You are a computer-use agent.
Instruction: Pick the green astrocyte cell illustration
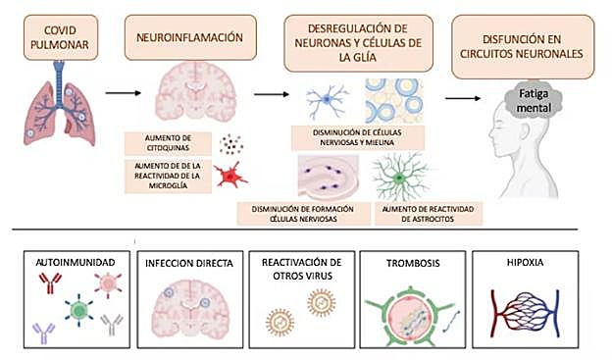coord(399,179)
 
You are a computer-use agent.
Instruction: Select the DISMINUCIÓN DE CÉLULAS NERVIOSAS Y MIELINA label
coord(359,138)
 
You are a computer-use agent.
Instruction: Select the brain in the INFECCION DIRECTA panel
coord(183,303)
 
